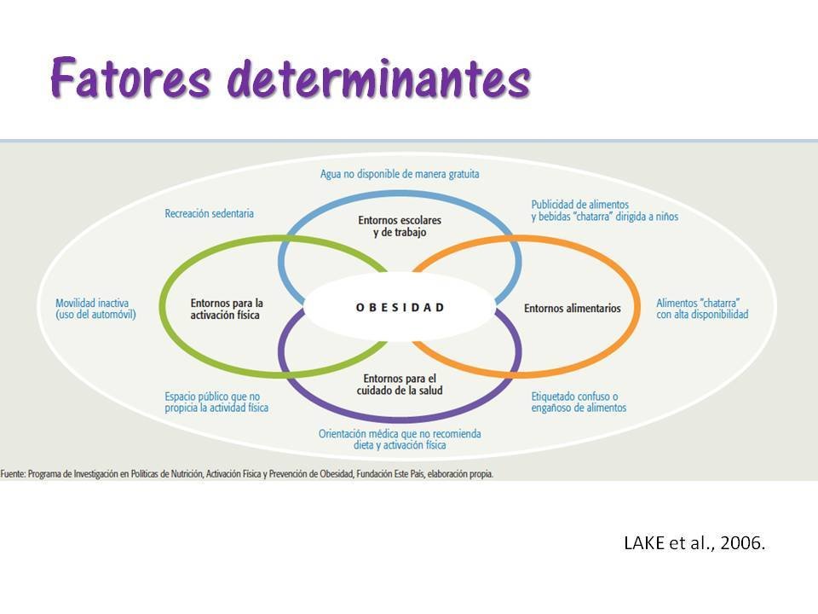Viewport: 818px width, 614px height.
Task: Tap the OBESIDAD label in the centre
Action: tap(400, 308)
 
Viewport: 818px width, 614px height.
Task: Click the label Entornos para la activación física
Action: tap(226, 309)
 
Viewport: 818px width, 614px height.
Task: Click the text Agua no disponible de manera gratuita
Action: tap(400, 174)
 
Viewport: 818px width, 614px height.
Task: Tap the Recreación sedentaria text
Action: tap(209, 213)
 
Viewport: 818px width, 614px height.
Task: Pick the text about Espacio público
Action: tap(216, 403)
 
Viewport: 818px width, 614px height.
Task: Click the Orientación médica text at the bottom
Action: tap(400, 439)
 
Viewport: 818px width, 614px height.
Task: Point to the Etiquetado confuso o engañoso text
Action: tap(579, 403)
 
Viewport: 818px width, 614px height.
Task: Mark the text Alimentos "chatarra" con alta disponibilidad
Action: tap(702, 309)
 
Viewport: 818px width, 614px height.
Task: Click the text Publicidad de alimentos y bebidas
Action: tap(604, 211)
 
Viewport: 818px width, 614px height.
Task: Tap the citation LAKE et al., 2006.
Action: tap(695, 543)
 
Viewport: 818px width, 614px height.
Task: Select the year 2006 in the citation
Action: tap(746, 543)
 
